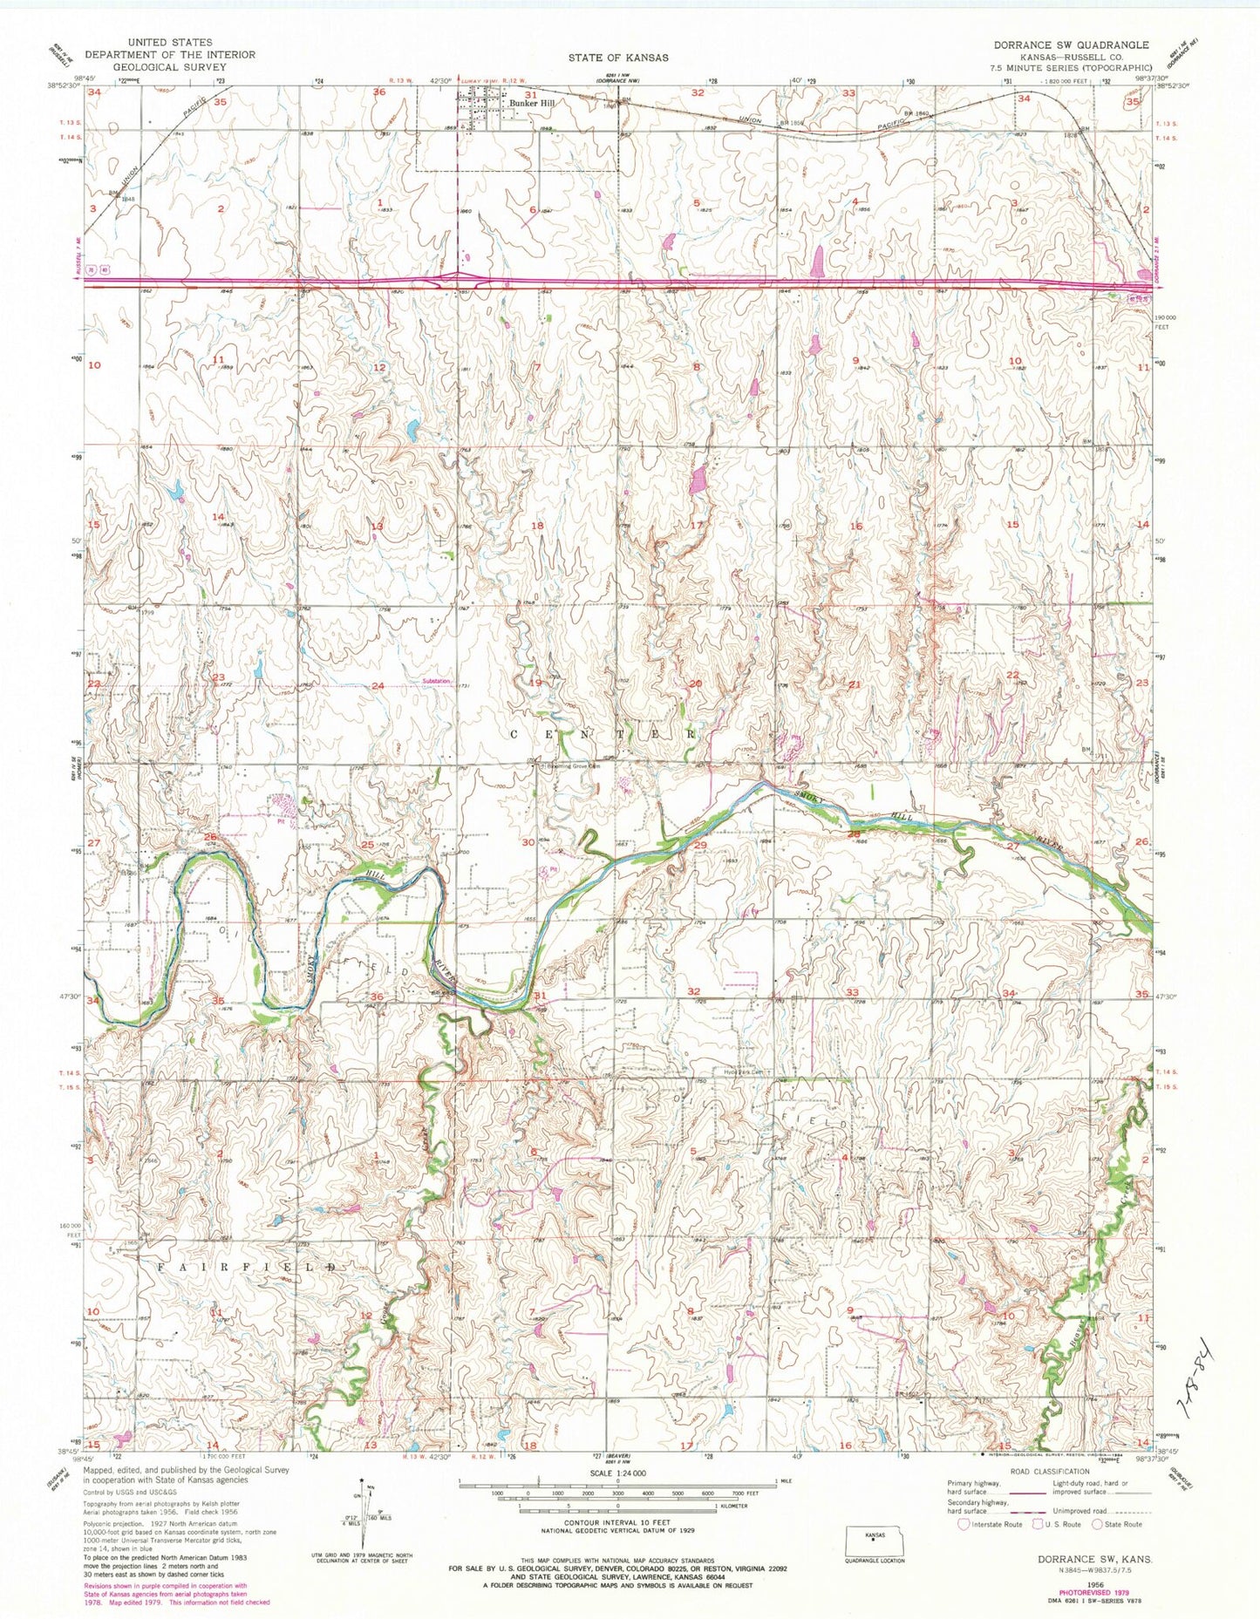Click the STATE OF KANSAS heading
(618, 58)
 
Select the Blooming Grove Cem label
(570, 766)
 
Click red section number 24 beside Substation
(378, 686)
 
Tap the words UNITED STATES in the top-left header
(169, 42)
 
